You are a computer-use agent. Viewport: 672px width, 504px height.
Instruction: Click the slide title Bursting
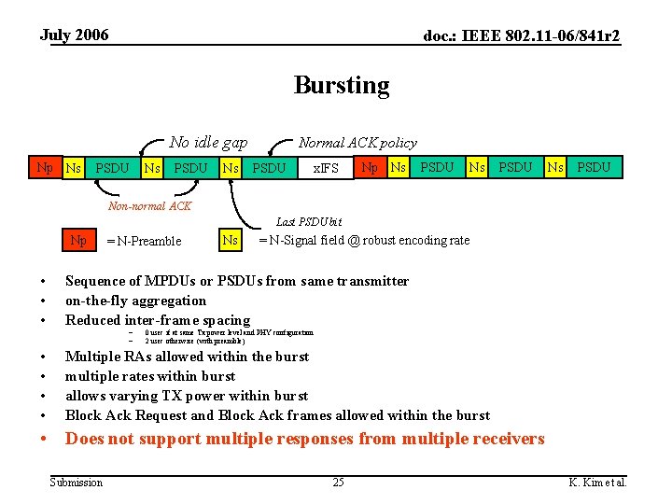(x=342, y=85)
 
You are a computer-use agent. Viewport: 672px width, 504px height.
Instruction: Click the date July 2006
(x=74, y=35)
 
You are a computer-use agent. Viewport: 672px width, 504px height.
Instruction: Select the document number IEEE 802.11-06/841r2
(x=522, y=36)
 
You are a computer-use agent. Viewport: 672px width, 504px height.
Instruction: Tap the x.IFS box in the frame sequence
(x=325, y=169)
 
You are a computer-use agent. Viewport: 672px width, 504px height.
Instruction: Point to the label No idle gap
(x=208, y=142)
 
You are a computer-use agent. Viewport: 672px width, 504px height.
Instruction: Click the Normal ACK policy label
(x=357, y=143)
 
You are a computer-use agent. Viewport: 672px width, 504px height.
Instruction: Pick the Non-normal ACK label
(x=150, y=205)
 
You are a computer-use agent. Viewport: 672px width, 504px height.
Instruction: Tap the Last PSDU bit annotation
(x=309, y=221)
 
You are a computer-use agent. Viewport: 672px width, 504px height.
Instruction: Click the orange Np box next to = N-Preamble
(x=79, y=240)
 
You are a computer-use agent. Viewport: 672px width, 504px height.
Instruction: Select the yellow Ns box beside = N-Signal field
(x=230, y=240)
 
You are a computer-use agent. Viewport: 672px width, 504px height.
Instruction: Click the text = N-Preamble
(x=144, y=241)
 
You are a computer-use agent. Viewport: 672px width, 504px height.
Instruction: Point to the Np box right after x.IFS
(x=370, y=168)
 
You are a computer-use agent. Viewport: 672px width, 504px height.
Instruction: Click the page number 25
(x=338, y=482)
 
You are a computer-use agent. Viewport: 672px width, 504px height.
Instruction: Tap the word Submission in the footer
(x=77, y=482)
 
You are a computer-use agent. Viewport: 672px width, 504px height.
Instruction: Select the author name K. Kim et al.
(x=598, y=482)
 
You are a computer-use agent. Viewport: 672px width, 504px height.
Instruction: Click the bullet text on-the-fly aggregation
(x=135, y=301)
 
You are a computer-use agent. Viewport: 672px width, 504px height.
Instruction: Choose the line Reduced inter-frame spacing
(x=158, y=320)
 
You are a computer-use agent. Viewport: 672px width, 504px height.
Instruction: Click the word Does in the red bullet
(x=84, y=439)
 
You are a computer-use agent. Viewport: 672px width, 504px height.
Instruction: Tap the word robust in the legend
(x=396, y=240)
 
